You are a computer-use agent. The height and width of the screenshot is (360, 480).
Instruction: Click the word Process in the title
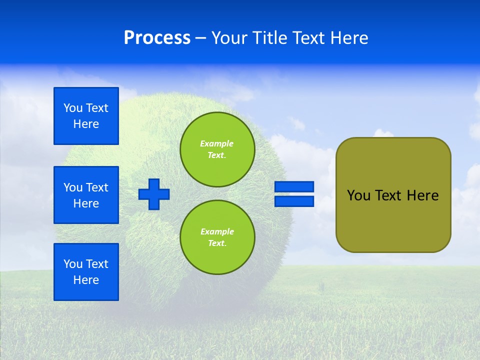157,38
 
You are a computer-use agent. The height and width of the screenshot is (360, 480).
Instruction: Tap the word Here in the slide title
348,38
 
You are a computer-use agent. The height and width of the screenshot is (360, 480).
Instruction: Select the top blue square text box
86,116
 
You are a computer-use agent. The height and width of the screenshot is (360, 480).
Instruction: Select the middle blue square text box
86,195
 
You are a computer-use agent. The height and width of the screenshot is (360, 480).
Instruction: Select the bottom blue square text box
86,272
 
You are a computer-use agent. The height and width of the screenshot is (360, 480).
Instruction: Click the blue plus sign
154,194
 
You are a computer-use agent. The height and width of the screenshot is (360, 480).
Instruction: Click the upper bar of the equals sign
294,186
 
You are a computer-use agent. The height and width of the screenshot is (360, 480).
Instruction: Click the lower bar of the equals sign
294,201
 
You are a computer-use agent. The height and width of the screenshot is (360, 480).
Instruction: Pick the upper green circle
217,149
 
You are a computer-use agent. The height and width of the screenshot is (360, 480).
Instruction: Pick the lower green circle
217,237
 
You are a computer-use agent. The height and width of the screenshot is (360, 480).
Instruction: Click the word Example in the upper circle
217,143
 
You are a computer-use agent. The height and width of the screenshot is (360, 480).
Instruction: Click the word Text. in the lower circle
217,243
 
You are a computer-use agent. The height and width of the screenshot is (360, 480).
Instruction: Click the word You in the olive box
358,195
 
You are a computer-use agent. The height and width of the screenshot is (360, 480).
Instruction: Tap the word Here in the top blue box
86,124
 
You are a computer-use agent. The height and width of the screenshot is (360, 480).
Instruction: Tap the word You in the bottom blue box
73,264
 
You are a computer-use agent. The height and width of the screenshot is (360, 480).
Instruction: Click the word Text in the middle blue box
97,187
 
